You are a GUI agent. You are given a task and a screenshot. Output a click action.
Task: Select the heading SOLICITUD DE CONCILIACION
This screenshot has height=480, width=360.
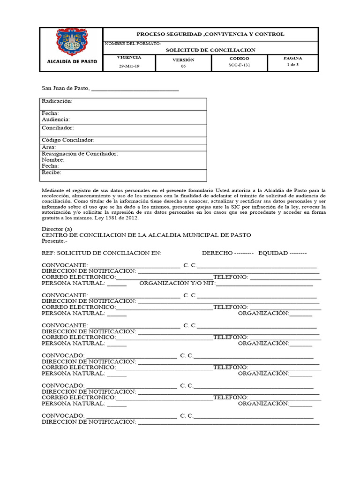pyautogui.click(x=210, y=50)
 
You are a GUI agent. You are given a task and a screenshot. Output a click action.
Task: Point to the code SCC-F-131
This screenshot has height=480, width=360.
pyautogui.click(x=240, y=66)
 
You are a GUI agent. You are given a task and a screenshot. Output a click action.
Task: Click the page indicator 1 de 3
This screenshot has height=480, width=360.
pyautogui.click(x=292, y=65)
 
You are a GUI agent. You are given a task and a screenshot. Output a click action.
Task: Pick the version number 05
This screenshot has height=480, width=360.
pyautogui.click(x=183, y=66)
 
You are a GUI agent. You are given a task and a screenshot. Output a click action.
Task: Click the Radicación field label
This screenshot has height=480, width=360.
pyautogui.click(x=57, y=101)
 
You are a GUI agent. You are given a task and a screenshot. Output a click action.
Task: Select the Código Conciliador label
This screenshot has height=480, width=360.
pyautogui.click(x=68, y=140)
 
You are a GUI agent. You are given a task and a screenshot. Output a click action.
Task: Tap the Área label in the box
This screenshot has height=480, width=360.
pyautogui.click(x=49, y=147)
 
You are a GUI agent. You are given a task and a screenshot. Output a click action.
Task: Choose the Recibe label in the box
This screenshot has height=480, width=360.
pyautogui.click(x=51, y=172)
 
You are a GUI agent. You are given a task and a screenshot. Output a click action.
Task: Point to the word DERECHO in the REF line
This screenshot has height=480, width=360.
pyautogui.click(x=217, y=253)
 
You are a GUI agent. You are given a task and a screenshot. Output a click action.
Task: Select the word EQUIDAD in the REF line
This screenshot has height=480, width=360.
pyautogui.click(x=272, y=253)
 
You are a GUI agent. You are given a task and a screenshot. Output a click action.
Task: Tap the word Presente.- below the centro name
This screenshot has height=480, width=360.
pyautogui.click(x=54, y=241)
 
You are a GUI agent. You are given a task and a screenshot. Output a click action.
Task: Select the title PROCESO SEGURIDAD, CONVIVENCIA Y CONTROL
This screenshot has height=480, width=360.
pyautogui.click(x=210, y=34)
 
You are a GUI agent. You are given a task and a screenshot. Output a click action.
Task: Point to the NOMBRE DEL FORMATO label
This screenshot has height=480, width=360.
pyautogui.click(x=133, y=43)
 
